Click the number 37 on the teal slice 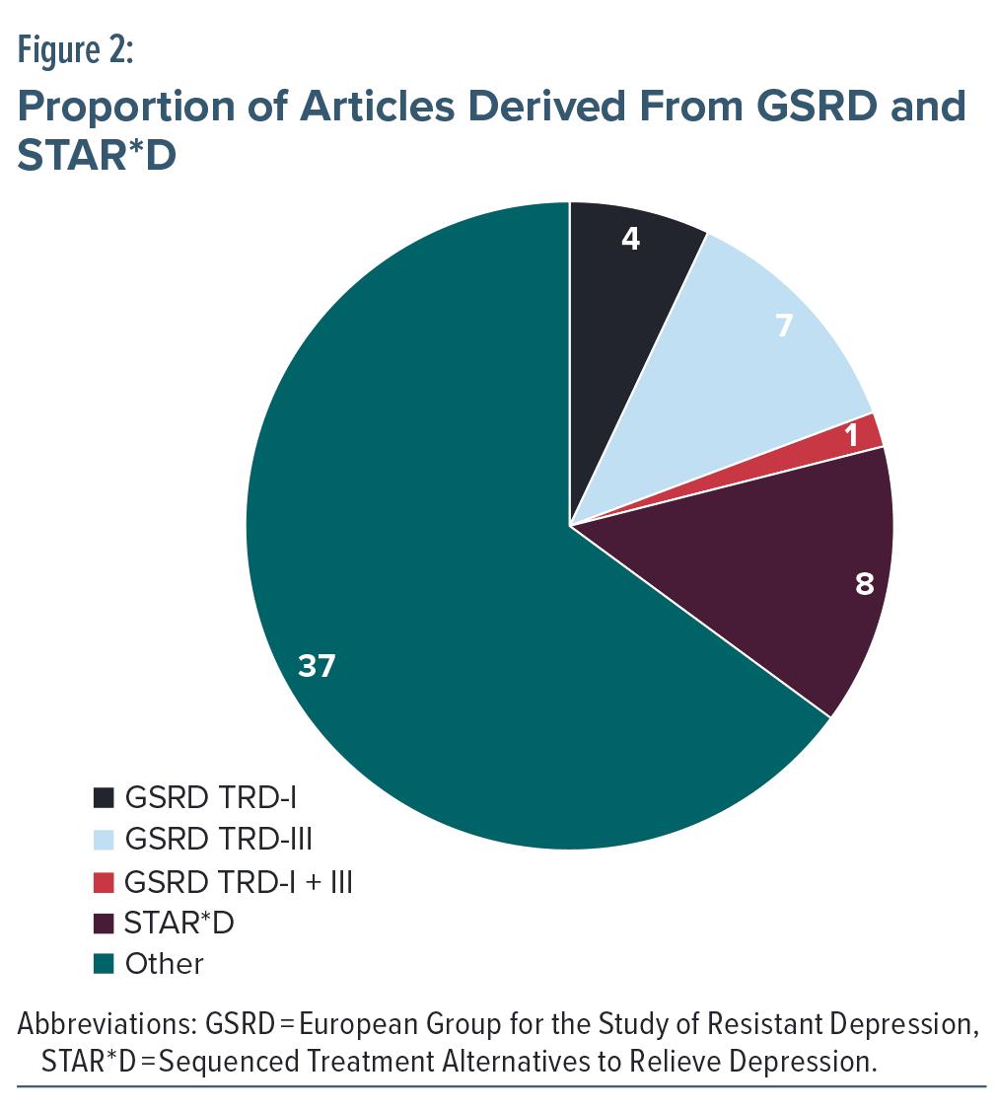(318, 667)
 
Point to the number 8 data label (865, 584)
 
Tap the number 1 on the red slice (851, 434)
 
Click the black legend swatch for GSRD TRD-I (104, 796)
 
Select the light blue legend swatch (104, 840)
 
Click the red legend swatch (104, 881)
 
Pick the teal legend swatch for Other (104, 963)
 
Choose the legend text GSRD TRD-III (219, 840)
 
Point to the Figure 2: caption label (75, 50)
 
